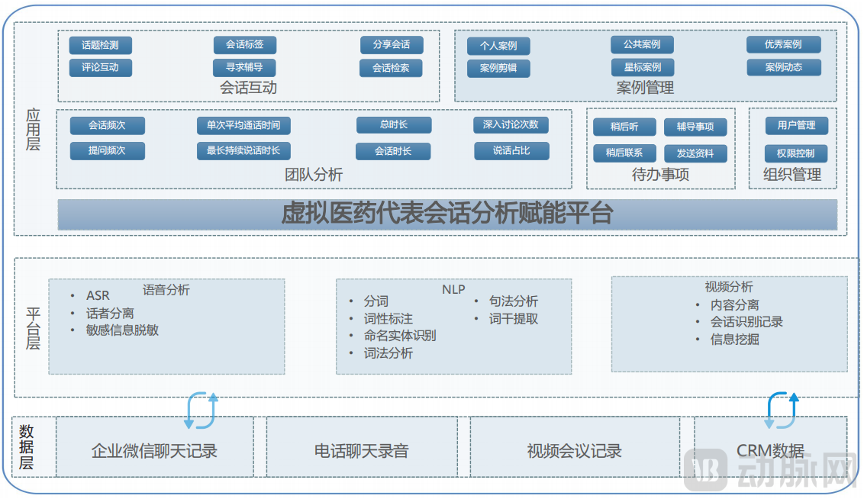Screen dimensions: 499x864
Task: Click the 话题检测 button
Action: (100, 45)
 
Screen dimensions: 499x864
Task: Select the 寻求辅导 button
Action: (244, 67)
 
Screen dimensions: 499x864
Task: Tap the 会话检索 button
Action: (391, 68)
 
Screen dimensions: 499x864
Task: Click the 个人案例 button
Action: (498, 46)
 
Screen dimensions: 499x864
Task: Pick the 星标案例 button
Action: (642, 67)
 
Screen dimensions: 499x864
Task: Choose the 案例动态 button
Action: (784, 67)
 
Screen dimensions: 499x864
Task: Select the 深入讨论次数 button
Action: (511, 125)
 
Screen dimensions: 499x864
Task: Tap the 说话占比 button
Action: (511, 150)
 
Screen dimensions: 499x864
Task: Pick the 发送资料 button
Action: (695, 153)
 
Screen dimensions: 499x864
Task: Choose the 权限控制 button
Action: (795, 153)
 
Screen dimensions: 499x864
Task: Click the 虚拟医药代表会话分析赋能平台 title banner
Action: (447, 214)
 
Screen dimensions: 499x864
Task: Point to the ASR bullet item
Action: (98, 295)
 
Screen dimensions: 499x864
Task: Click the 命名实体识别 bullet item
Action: (399, 336)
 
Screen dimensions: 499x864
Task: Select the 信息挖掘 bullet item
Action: (734, 339)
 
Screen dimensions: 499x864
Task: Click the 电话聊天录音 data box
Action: (361, 451)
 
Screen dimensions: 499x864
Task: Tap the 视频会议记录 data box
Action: (574, 451)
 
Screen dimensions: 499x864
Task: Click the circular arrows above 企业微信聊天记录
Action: (201, 410)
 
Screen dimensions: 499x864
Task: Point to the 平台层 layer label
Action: (33, 328)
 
